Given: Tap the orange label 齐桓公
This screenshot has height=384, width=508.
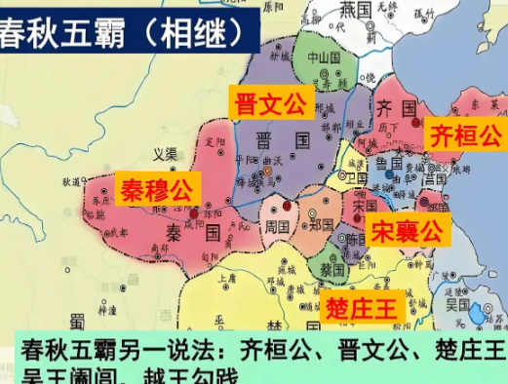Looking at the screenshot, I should coord(466,133).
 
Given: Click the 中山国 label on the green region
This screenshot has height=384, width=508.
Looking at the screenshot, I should coord(324,57).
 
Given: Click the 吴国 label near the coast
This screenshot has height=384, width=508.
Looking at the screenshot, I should coord(458,304).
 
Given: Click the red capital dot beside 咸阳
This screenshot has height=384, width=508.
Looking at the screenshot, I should coord(194,211).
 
